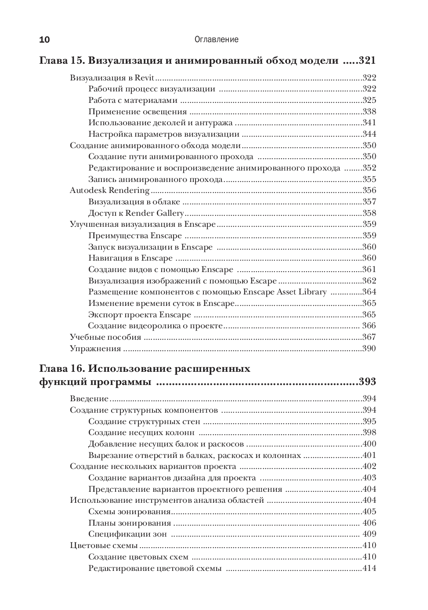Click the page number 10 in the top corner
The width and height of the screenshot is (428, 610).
(x=45, y=40)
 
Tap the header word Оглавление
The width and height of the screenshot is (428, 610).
(x=216, y=40)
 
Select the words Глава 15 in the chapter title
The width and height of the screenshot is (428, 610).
(x=58, y=61)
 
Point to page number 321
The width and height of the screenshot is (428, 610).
(x=367, y=61)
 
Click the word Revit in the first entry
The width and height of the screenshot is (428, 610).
(x=144, y=78)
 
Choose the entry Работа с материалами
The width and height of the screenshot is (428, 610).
(x=133, y=100)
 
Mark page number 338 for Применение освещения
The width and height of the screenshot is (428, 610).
(x=369, y=112)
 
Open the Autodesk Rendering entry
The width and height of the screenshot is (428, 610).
(x=110, y=190)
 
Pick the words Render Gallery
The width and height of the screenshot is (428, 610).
(x=155, y=213)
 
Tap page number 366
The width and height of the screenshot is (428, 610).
(x=369, y=326)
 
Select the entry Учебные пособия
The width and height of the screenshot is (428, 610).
(x=105, y=337)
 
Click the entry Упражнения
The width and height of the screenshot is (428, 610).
(x=95, y=349)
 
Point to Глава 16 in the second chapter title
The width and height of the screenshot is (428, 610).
(x=58, y=368)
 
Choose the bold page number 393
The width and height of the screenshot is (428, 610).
(x=367, y=382)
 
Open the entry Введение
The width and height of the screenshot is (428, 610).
(x=89, y=399)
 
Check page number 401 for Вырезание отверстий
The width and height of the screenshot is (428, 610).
(x=369, y=455)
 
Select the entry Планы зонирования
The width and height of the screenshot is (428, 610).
(x=130, y=523)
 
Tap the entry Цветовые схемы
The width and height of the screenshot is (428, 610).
(x=104, y=545)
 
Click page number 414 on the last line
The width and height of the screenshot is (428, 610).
(x=369, y=568)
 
